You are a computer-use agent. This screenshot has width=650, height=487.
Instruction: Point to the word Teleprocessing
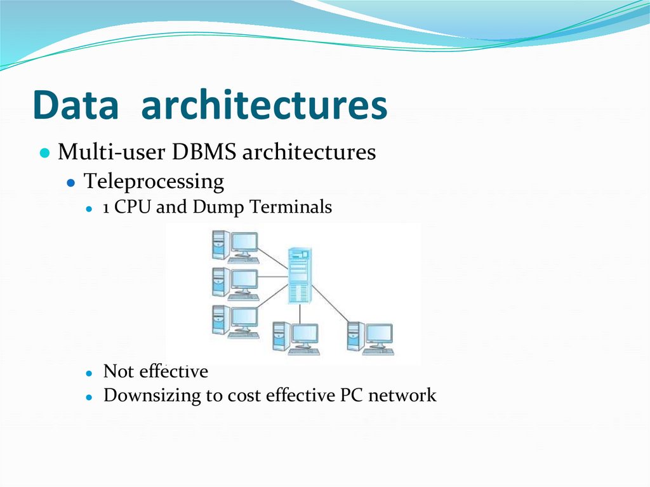click(x=154, y=182)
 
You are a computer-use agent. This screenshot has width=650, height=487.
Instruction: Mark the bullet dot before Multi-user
click(x=44, y=154)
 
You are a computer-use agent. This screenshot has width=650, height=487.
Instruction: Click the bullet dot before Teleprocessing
click(x=72, y=183)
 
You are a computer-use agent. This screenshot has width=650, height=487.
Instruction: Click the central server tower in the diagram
click(x=300, y=275)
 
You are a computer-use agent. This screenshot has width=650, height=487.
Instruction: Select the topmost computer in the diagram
click(x=235, y=246)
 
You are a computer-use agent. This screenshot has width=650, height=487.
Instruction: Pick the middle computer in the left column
click(x=235, y=283)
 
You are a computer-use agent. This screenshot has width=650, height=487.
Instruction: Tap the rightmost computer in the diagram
click(x=371, y=338)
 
